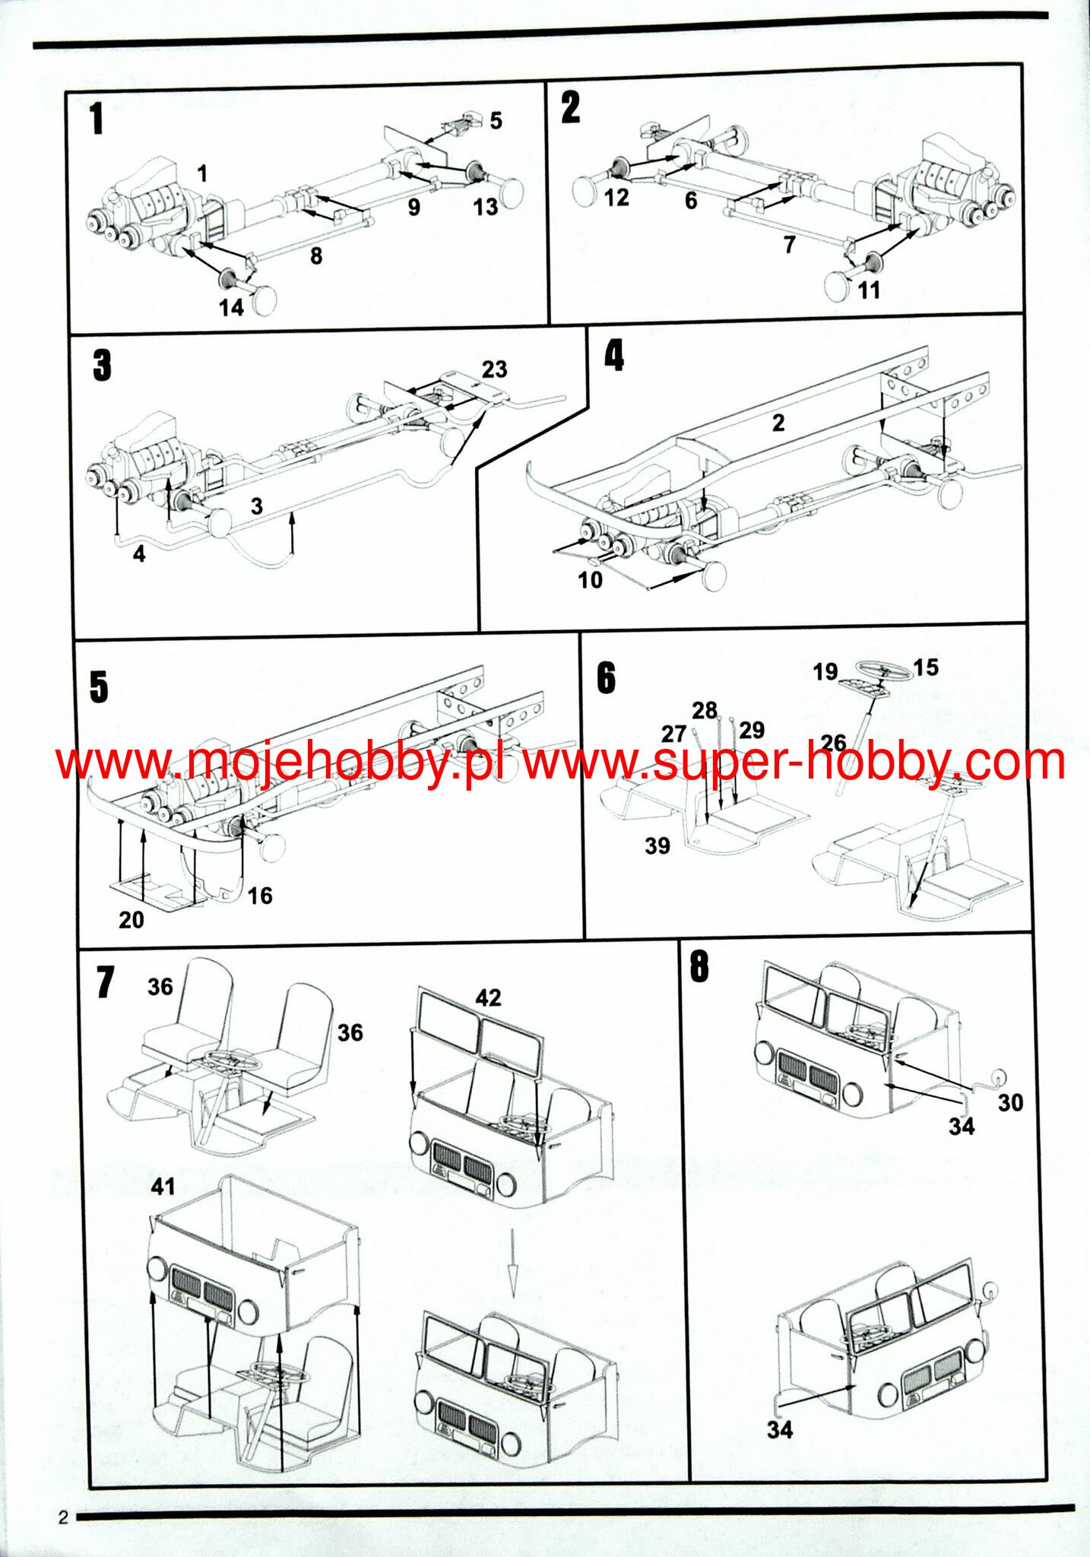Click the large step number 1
pyautogui.click(x=96, y=119)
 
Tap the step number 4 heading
pyautogui.click(x=613, y=355)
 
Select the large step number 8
pyautogui.click(x=699, y=967)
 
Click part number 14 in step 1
pyautogui.click(x=231, y=307)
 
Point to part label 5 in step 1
pyautogui.click(x=496, y=120)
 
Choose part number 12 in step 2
pyautogui.click(x=616, y=198)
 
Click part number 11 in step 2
pyautogui.click(x=868, y=290)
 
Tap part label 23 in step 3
pyautogui.click(x=494, y=369)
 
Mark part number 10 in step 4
pyautogui.click(x=590, y=580)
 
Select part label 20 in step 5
pyautogui.click(x=131, y=920)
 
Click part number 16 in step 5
pyautogui.click(x=259, y=896)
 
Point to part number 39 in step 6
pyautogui.click(x=657, y=845)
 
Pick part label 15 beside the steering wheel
pyautogui.click(x=925, y=668)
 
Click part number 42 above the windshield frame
pyautogui.click(x=488, y=997)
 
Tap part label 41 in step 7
pyautogui.click(x=163, y=1186)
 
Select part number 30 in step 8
pyautogui.click(x=1010, y=1102)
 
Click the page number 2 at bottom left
pyautogui.click(x=63, y=1518)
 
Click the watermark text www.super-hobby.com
pyautogui.click(x=794, y=760)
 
